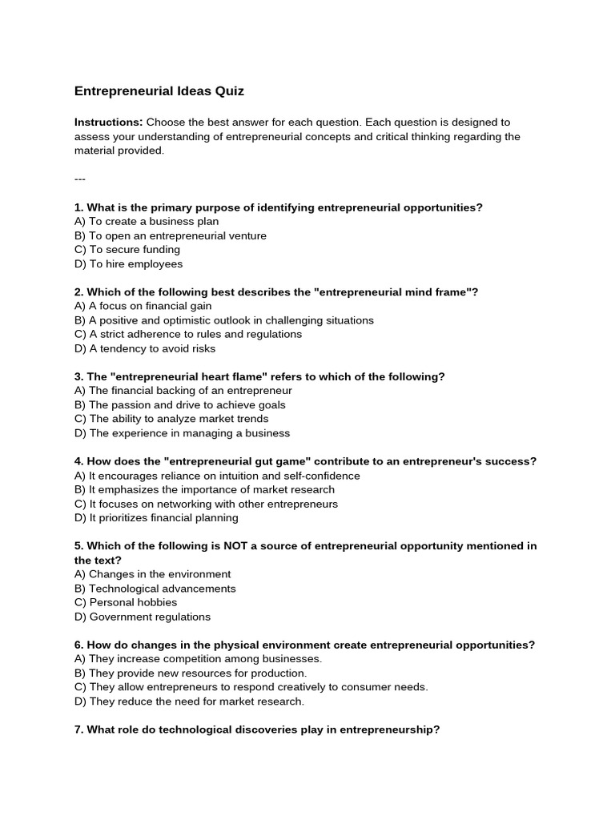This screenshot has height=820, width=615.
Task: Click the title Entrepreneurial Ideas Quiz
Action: click(159, 91)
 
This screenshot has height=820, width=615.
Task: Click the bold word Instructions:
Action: click(108, 123)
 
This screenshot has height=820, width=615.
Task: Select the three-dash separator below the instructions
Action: click(79, 179)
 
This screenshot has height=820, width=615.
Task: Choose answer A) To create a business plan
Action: click(147, 221)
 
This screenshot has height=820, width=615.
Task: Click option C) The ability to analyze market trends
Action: click(171, 419)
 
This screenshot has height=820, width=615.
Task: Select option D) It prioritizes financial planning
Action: click(156, 517)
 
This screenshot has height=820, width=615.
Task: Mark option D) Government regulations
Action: click(143, 617)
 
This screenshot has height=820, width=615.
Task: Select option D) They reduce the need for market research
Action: click(189, 701)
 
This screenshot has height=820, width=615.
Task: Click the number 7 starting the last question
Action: click(78, 730)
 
